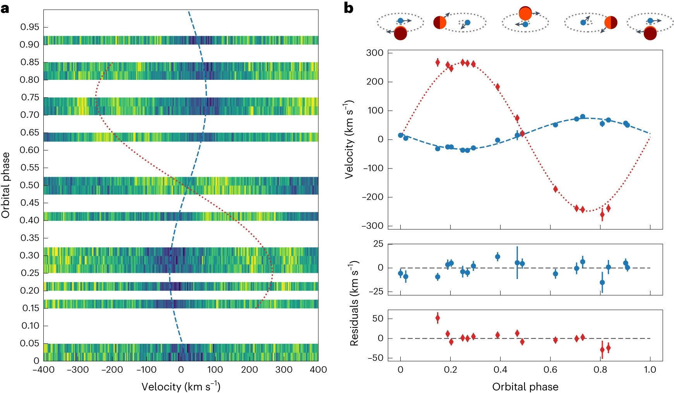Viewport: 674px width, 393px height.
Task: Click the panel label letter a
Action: [5, 8]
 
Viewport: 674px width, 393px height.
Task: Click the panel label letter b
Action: [348, 8]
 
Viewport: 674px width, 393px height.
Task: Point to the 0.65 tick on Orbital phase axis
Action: [30, 133]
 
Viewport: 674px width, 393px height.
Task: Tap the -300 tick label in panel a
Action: [78, 370]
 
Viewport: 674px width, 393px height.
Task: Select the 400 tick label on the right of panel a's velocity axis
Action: [318, 370]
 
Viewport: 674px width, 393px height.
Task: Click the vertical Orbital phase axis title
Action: [6, 185]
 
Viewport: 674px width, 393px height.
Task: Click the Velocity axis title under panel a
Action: [181, 386]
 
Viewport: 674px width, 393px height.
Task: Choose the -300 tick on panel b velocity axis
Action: [372, 226]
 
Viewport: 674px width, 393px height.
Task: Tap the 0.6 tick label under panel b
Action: [550, 370]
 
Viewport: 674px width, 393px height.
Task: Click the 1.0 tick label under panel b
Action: [650, 370]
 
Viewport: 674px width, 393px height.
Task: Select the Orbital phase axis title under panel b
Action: [525, 387]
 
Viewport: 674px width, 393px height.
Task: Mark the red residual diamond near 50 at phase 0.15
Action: [437, 319]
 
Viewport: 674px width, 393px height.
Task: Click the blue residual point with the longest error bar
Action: [517, 263]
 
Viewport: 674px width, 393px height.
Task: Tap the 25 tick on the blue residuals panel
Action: [378, 244]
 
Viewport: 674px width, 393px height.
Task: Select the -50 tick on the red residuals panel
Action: [375, 358]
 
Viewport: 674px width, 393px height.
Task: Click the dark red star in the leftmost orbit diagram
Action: [400, 34]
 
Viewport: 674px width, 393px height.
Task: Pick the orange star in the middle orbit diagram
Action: [525, 14]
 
